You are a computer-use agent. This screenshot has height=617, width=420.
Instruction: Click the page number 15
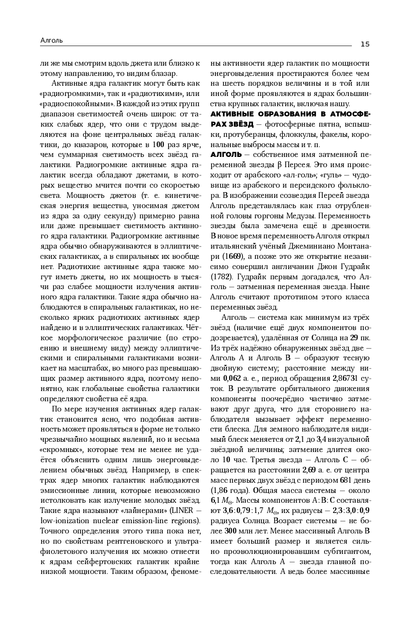pyautogui.click(x=365, y=44)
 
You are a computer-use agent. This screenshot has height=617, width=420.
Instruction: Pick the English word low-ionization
pyautogui.click(x=64, y=521)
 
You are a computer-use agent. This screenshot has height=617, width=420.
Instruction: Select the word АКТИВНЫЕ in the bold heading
pyautogui.click(x=232, y=114)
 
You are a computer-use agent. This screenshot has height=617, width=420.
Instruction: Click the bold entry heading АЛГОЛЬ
pyautogui.click(x=226, y=154)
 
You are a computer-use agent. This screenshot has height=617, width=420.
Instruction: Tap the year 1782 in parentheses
pyautogui.click(x=221, y=276)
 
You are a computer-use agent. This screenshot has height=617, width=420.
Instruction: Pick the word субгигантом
pyautogui.click(x=345, y=551)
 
